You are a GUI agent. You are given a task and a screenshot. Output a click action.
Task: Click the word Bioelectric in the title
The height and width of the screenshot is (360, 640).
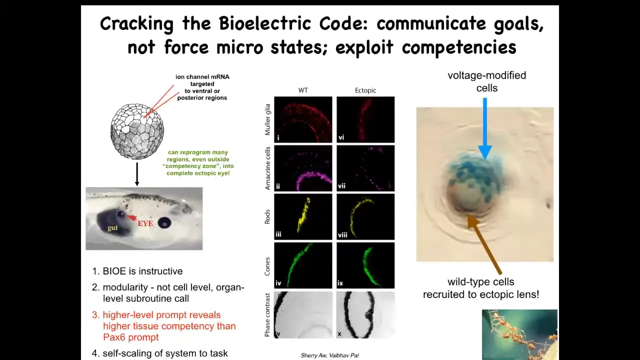click(265, 23)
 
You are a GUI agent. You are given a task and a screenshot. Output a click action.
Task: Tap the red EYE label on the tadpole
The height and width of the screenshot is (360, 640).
click(145, 223)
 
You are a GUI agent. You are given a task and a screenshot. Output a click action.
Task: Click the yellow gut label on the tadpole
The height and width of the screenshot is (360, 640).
click(112, 227)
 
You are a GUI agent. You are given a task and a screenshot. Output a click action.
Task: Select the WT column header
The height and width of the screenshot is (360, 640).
click(303, 90)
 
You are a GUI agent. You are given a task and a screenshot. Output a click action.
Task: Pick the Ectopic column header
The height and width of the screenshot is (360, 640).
click(365, 90)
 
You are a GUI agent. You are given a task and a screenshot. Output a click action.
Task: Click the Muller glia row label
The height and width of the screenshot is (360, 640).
click(267, 119)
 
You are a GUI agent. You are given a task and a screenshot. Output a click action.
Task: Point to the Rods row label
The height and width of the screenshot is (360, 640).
click(267, 216)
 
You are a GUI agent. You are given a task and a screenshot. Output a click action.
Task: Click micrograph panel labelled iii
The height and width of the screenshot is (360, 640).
click(303, 216)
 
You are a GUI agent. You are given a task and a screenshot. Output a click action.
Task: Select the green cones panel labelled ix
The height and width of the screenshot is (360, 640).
click(365, 265)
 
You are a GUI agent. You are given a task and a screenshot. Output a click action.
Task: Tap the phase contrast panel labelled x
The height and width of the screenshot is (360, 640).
click(365, 314)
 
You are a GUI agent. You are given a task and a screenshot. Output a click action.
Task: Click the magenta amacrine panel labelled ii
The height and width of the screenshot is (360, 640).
click(303, 168)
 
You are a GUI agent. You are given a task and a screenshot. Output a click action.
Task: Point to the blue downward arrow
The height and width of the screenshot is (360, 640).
click(485, 128)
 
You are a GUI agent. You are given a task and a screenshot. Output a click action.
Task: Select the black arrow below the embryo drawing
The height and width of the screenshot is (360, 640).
click(137, 174)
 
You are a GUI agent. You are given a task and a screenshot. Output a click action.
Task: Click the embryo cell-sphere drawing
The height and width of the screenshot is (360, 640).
click(137, 131)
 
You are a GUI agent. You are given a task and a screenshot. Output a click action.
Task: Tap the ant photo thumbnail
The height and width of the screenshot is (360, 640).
click(519, 334)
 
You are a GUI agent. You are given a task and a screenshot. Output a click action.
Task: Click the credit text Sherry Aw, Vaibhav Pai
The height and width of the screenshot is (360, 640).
click(329, 355)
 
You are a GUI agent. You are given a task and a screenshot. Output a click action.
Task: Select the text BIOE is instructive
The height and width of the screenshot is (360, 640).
click(142, 271)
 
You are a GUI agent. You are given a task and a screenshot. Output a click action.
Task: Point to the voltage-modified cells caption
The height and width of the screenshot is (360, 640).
click(487, 81)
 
